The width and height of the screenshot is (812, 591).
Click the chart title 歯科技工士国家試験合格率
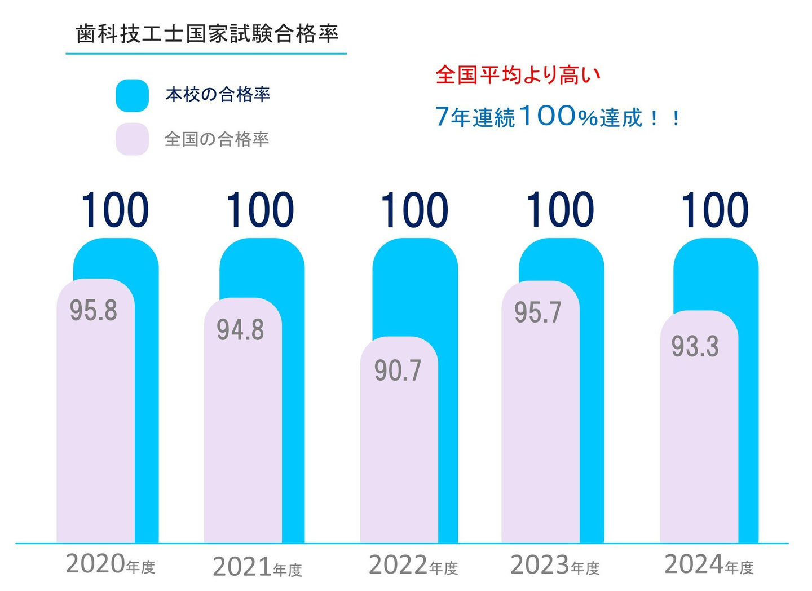(x=207, y=34)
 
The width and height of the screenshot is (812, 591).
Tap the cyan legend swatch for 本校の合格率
(x=132, y=95)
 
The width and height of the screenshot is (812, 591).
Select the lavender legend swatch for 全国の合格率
(x=132, y=139)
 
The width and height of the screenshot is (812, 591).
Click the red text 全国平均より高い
(x=518, y=74)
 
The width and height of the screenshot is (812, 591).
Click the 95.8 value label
(x=94, y=310)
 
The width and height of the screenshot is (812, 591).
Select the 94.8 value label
(x=240, y=329)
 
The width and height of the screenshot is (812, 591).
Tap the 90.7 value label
(x=398, y=370)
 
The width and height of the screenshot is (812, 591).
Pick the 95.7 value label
(x=538, y=312)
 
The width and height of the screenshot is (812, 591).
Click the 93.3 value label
(x=695, y=346)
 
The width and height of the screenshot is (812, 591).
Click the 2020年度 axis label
(x=110, y=564)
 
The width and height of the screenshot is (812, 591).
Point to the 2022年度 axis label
(x=413, y=565)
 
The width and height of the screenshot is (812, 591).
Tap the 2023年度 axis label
(x=555, y=565)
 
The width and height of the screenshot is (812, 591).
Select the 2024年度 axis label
(x=709, y=564)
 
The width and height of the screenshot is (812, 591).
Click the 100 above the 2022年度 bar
(x=414, y=211)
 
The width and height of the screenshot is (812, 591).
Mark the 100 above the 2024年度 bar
(x=714, y=211)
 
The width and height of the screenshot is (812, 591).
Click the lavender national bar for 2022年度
(x=399, y=451)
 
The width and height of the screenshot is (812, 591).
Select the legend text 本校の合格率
(x=218, y=94)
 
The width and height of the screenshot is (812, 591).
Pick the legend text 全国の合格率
(x=217, y=139)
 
